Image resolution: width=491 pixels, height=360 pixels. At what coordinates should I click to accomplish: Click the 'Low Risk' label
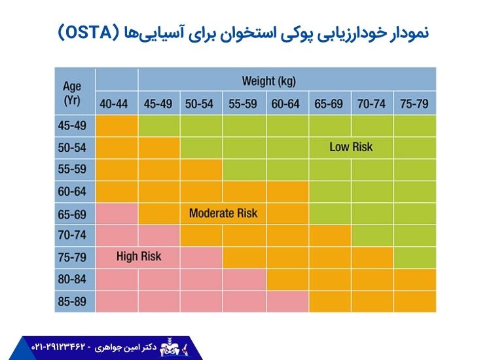[x=351, y=147]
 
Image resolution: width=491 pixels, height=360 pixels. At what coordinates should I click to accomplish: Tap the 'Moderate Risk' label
[x=223, y=213]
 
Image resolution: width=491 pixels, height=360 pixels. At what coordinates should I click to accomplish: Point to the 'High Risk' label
[x=138, y=257]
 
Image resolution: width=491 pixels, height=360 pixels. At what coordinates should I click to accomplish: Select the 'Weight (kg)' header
[x=268, y=81]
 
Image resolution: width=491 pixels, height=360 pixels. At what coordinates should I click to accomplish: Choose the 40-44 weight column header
[x=117, y=103]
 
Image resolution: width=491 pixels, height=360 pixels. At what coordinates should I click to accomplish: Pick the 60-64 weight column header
[x=287, y=103]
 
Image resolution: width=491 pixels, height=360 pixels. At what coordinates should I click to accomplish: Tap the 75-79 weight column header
[x=414, y=103]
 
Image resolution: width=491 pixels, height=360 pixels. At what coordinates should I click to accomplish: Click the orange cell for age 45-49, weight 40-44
[x=117, y=125]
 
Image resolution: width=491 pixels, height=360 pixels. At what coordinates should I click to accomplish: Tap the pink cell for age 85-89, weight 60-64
[x=287, y=302]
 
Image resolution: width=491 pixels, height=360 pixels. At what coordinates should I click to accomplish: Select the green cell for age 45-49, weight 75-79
[x=414, y=125]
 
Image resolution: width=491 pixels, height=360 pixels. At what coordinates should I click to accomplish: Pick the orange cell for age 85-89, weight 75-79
[x=414, y=302]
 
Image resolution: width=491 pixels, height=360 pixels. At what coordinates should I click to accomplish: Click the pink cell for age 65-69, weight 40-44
[x=117, y=213]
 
